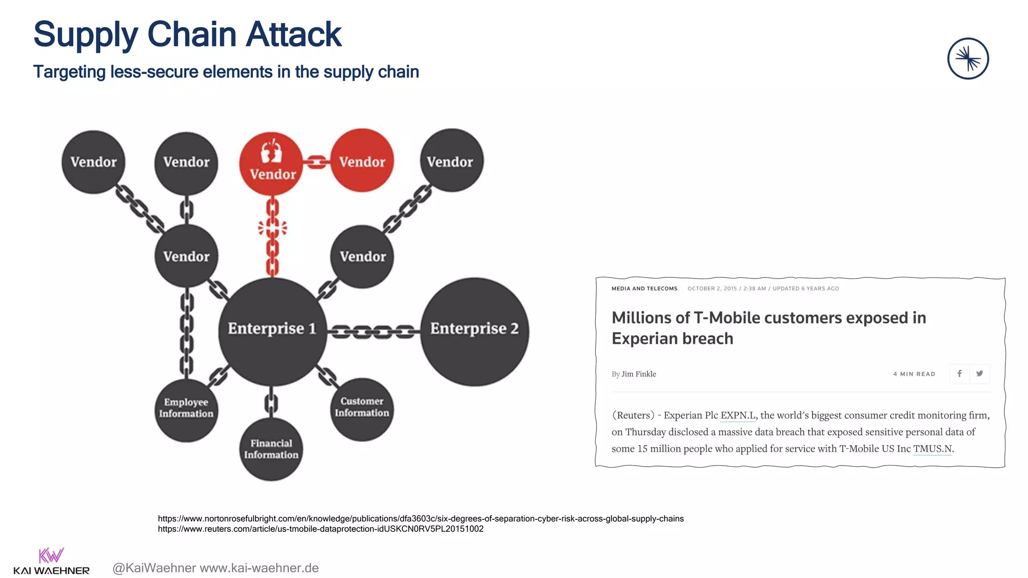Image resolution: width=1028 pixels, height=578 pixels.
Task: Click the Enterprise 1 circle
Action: pos(272,331)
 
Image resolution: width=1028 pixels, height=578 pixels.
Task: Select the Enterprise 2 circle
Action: pos(474,331)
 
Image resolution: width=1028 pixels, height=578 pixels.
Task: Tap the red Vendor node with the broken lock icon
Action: pos(271,163)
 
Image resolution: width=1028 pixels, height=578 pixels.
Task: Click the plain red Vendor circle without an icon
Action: pos(362,161)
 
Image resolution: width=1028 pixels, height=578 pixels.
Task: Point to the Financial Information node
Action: pos(271,449)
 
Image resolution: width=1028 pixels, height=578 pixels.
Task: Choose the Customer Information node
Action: pos(362,409)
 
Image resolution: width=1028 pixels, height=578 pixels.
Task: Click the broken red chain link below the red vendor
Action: pos(273,228)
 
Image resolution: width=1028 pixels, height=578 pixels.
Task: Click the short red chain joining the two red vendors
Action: pos(316,162)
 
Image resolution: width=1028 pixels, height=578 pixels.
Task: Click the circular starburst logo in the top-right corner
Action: pos(968,59)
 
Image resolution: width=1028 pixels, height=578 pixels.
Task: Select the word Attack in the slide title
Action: pos(294,35)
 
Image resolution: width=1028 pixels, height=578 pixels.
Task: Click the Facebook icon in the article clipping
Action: pos(959,373)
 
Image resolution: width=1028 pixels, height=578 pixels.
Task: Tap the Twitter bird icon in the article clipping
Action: pos(979,373)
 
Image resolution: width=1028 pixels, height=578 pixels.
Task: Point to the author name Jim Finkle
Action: pos(638,374)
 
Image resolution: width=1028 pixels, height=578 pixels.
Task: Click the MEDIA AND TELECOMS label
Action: pos(644,288)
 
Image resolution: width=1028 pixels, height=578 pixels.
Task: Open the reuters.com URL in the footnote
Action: pos(320,529)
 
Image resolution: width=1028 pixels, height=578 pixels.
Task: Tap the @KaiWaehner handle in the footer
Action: pos(154,568)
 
